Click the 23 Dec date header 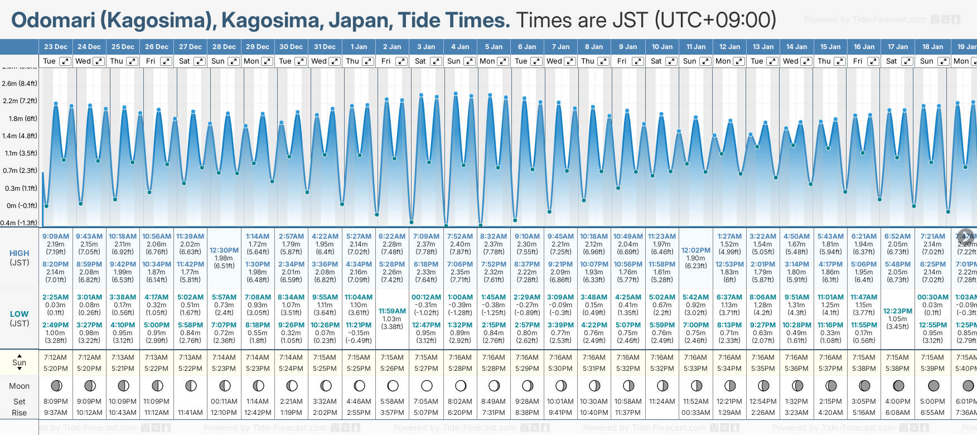pos(55,47)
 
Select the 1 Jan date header pos(359,47)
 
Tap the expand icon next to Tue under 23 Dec pos(65,61)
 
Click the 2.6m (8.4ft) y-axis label pos(19,84)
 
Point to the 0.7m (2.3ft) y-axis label pos(19,171)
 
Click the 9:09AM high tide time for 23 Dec pos(56,236)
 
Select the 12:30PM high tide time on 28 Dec pos(224,250)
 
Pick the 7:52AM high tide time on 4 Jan pos(460,236)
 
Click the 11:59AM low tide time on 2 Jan pos(392,311)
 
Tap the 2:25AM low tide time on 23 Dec pos(56,297)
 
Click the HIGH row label pos(19,253)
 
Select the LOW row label pos(19,314)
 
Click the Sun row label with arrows pos(19,362)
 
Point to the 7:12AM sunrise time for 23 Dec pos(56,357)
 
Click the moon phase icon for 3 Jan pos(427,385)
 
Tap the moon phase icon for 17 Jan pos(898,385)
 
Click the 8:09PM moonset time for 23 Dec pos(56,402)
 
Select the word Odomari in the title pos(53,20)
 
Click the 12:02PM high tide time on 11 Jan pos(696,250)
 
